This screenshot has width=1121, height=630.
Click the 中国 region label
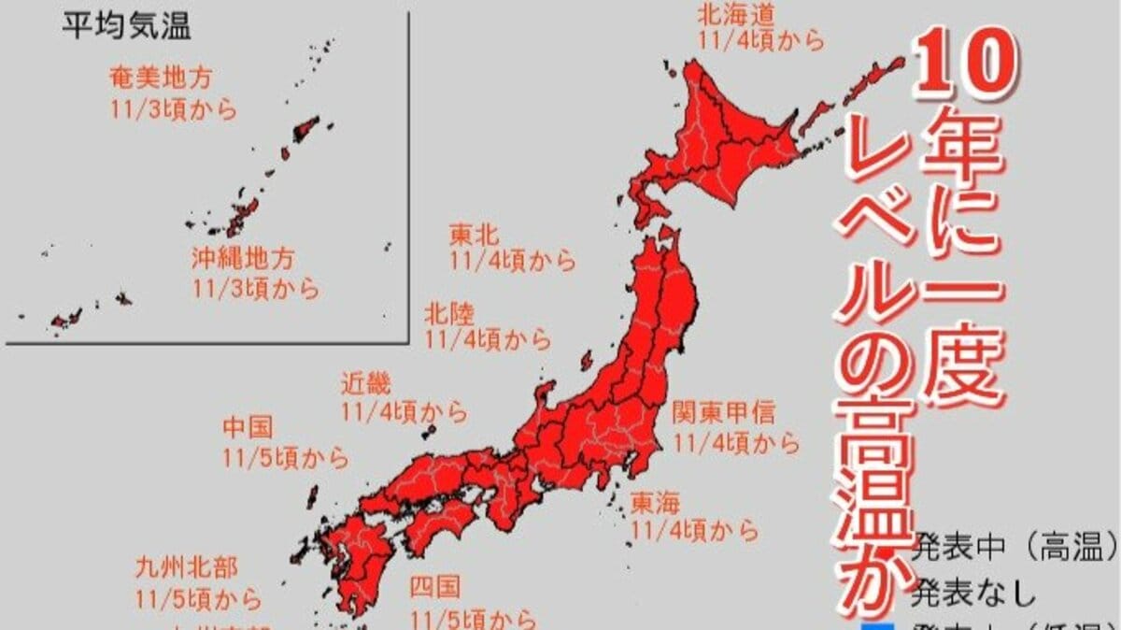point(248,428)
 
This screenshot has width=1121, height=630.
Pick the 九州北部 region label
point(186,566)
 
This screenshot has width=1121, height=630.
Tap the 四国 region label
point(434,587)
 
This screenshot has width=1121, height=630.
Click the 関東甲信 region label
point(724,412)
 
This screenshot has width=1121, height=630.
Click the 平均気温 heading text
point(126,26)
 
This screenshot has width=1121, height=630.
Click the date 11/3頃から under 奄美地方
point(172,109)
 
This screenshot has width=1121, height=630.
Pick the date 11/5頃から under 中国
point(286,458)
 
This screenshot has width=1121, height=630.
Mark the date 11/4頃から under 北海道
point(761,41)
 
